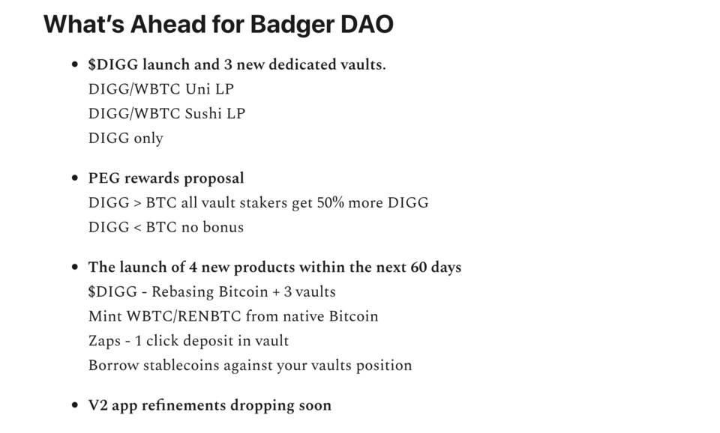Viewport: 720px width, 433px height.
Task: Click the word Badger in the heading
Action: coord(291,24)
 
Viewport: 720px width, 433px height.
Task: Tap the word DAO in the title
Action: coord(367,24)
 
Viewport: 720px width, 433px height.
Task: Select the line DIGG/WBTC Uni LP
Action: coord(160,89)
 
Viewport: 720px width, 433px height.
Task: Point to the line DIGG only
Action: coord(125,139)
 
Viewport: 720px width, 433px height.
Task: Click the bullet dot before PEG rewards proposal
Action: coord(74,178)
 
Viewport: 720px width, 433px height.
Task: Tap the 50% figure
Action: coord(328,203)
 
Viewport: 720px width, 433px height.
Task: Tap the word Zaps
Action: coord(103,341)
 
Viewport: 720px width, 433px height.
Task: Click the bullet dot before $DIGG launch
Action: coord(74,64)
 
